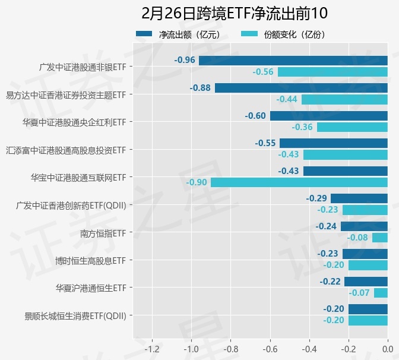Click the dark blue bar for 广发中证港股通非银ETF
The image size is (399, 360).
pyautogui.click(x=293, y=60)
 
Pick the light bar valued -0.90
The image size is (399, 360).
pyautogui.click(x=299, y=182)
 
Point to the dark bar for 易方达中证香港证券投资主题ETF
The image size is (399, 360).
pyautogui.click(x=301, y=88)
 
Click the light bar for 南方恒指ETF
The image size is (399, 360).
pyautogui.click(x=380, y=238)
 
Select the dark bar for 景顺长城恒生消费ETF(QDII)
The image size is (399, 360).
pyautogui.click(x=368, y=309)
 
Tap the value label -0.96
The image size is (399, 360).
pyautogui.click(x=185, y=60)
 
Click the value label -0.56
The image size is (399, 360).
pyautogui.click(x=263, y=72)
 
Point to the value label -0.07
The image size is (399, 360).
pyautogui.click(x=360, y=293)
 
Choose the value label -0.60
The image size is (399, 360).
pyautogui.click(x=255, y=116)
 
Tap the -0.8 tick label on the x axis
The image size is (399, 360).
pyautogui.click(x=230, y=348)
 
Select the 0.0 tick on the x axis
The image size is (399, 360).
pyautogui.click(x=387, y=348)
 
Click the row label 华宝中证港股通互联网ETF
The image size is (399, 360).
pyautogui.click(x=78, y=177)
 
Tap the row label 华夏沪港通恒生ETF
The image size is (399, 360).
pyautogui.click(x=90, y=288)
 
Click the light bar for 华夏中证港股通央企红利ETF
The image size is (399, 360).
pyautogui.click(x=352, y=127)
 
